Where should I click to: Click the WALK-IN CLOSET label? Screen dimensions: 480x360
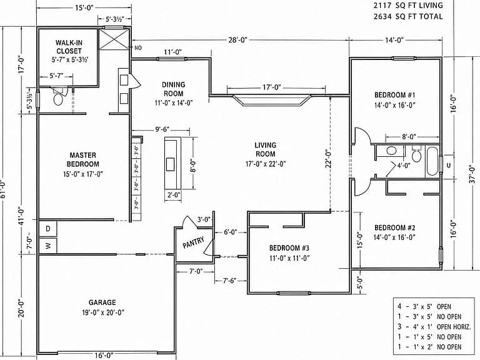[x=69, y=47]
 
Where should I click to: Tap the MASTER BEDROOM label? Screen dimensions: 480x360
[x=82, y=159]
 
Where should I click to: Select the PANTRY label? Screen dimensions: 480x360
[x=194, y=242]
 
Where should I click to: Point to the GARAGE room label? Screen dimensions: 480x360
[x=102, y=302]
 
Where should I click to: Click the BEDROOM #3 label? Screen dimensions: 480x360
[x=289, y=247]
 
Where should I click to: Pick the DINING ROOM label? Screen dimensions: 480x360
[x=173, y=89]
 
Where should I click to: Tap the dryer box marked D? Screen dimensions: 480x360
[x=48, y=229]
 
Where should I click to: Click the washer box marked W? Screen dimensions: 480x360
[x=48, y=246]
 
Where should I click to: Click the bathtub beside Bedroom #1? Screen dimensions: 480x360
[x=432, y=161]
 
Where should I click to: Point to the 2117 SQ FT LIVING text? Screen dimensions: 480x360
[x=408, y=6]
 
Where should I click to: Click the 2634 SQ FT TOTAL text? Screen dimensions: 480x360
[x=408, y=16]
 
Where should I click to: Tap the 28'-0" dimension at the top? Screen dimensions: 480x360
[x=238, y=40]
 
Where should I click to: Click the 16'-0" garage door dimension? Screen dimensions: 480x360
[x=104, y=355]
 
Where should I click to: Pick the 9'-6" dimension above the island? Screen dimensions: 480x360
[x=162, y=129]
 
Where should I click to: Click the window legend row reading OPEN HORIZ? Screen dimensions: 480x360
[x=434, y=327]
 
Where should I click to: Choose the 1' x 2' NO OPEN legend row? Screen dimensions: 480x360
[x=429, y=347]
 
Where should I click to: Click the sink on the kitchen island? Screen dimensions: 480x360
[x=170, y=164]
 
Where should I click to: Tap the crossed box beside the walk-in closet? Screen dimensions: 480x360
[x=114, y=39]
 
